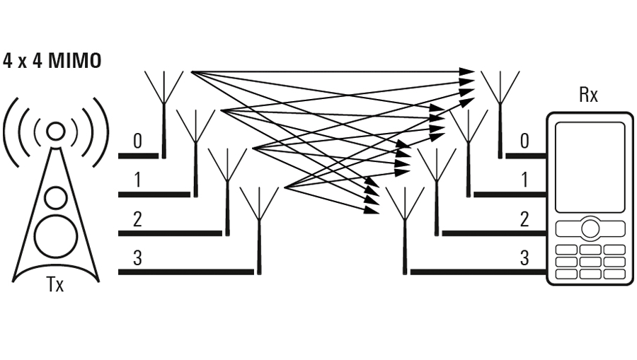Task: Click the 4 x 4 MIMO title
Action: point(52,62)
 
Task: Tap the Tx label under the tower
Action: point(55,284)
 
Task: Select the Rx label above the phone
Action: point(588,95)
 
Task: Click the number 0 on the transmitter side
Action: point(138,141)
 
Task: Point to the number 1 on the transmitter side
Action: point(138,180)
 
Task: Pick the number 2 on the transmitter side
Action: point(137,219)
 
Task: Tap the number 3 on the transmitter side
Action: point(137,258)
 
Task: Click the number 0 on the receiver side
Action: point(524,141)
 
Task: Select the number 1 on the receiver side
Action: point(524,180)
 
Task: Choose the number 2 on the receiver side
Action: point(524,219)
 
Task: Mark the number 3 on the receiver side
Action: point(524,258)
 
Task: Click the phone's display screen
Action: point(590,167)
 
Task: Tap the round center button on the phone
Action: point(590,228)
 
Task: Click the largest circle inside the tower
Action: point(56,236)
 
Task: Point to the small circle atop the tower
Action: point(56,131)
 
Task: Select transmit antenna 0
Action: point(163,115)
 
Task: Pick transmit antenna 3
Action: point(259,231)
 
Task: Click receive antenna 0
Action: point(500,115)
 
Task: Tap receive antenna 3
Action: point(405,231)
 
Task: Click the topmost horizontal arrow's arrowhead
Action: point(467,72)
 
